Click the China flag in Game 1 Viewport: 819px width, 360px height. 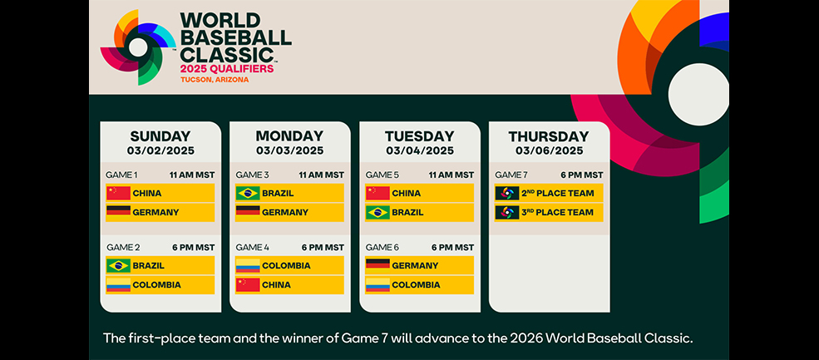[119, 193]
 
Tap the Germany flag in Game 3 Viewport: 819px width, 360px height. [248, 212]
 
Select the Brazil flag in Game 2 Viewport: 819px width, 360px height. [119, 265]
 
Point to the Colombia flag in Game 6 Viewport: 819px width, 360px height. [377, 285]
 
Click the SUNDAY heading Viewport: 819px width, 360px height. [160, 136]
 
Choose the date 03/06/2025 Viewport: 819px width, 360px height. [549, 151]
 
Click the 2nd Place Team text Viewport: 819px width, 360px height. [559, 193]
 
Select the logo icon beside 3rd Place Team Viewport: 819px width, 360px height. [507, 212]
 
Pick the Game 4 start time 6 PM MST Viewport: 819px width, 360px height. [323, 247]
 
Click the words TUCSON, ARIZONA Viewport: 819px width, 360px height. [215, 80]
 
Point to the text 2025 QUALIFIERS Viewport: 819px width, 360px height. [227, 68]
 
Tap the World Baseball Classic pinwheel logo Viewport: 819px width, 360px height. [138, 47]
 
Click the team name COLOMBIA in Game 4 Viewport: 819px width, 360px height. [286, 265]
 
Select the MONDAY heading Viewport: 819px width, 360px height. [289, 136]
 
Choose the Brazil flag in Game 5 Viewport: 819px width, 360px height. [377, 212]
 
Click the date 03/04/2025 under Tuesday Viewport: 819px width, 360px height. [420, 151]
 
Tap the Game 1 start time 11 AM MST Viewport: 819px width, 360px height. [192, 175]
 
